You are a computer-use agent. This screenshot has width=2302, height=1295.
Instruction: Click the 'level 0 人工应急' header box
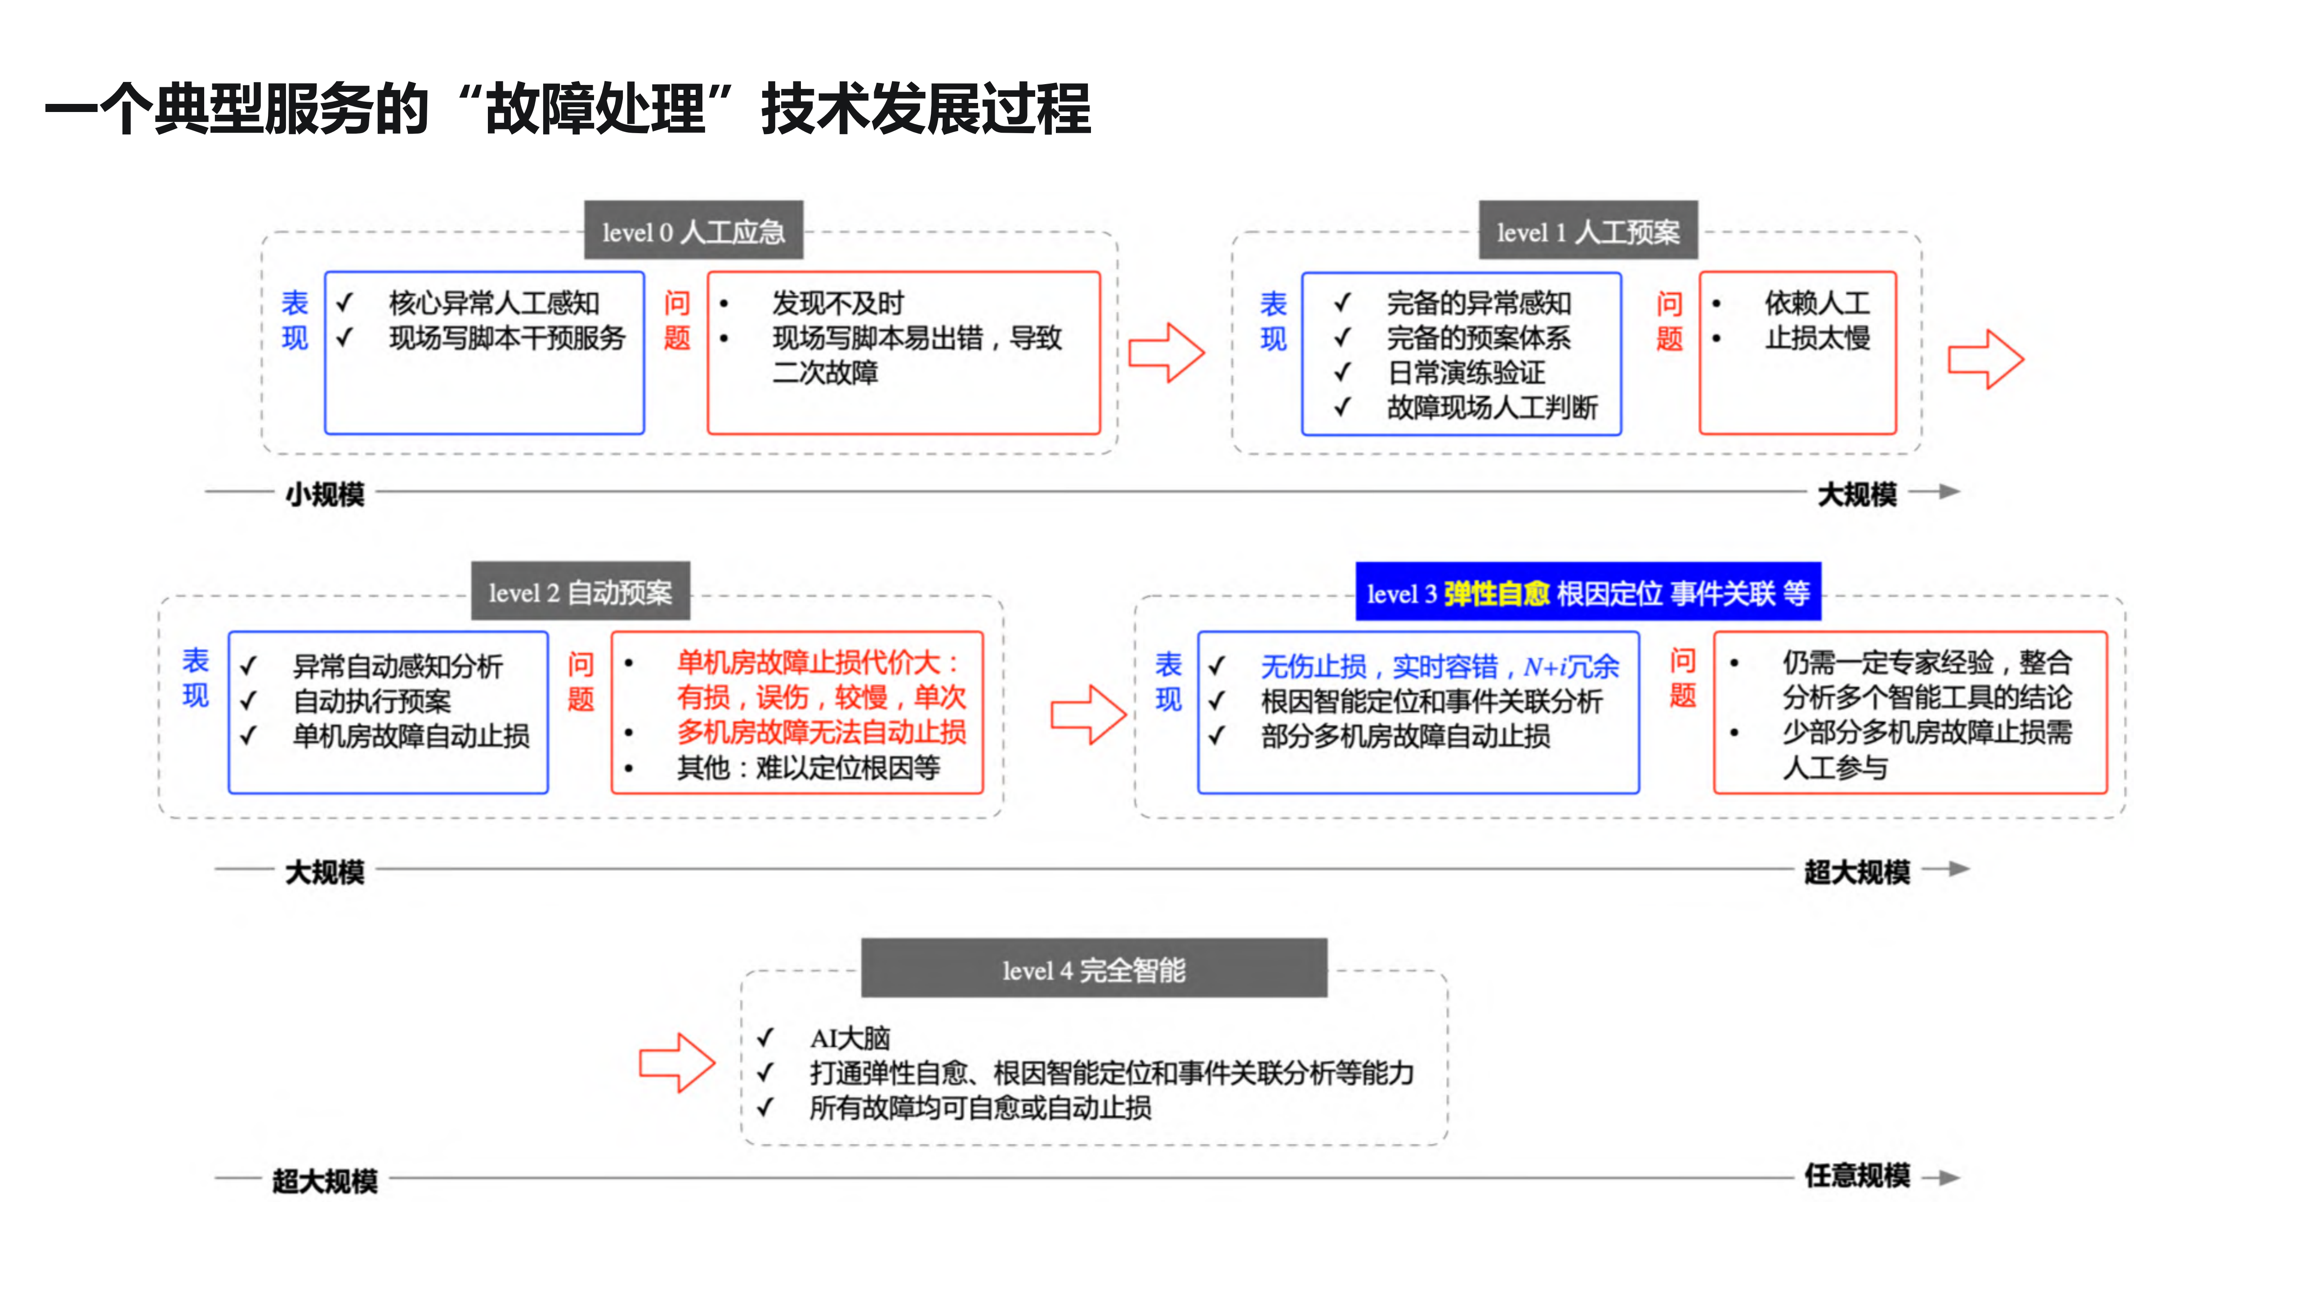click(x=693, y=232)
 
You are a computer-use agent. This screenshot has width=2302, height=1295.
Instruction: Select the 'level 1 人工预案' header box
click(x=1588, y=232)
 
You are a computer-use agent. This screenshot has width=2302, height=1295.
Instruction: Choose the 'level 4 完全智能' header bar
click(x=1094, y=969)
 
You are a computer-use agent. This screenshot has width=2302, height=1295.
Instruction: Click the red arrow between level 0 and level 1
click(x=1166, y=353)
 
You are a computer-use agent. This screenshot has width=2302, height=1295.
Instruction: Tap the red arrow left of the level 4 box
click(x=676, y=1062)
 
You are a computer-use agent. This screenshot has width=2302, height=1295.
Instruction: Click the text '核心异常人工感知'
click(x=494, y=303)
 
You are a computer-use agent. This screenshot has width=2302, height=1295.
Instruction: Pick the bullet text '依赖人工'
click(x=1817, y=303)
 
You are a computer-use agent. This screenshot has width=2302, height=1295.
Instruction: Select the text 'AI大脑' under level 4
click(x=850, y=1038)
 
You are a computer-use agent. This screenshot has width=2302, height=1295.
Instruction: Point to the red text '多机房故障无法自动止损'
click(x=821, y=732)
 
